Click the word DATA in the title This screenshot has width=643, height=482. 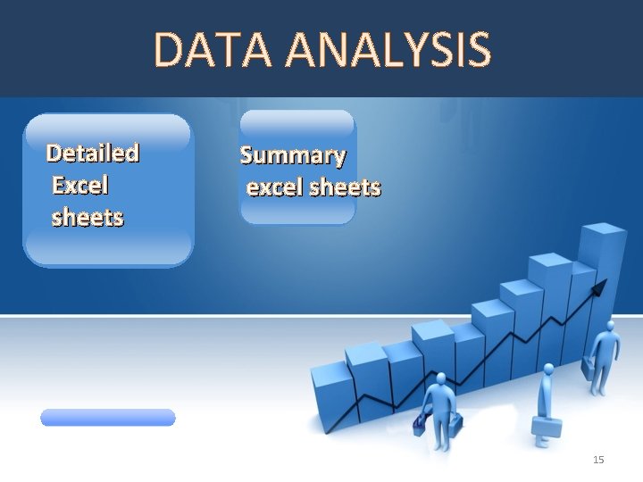click(x=208, y=50)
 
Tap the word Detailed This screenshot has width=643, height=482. click(x=93, y=154)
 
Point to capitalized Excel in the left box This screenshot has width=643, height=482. click(x=80, y=186)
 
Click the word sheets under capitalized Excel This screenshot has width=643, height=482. click(x=88, y=217)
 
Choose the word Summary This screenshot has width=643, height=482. click(x=293, y=156)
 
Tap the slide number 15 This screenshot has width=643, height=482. click(x=598, y=460)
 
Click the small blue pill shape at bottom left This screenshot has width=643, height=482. click(x=108, y=417)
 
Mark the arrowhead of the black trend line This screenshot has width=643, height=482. click(x=600, y=287)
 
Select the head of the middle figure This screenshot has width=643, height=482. click(x=546, y=368)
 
